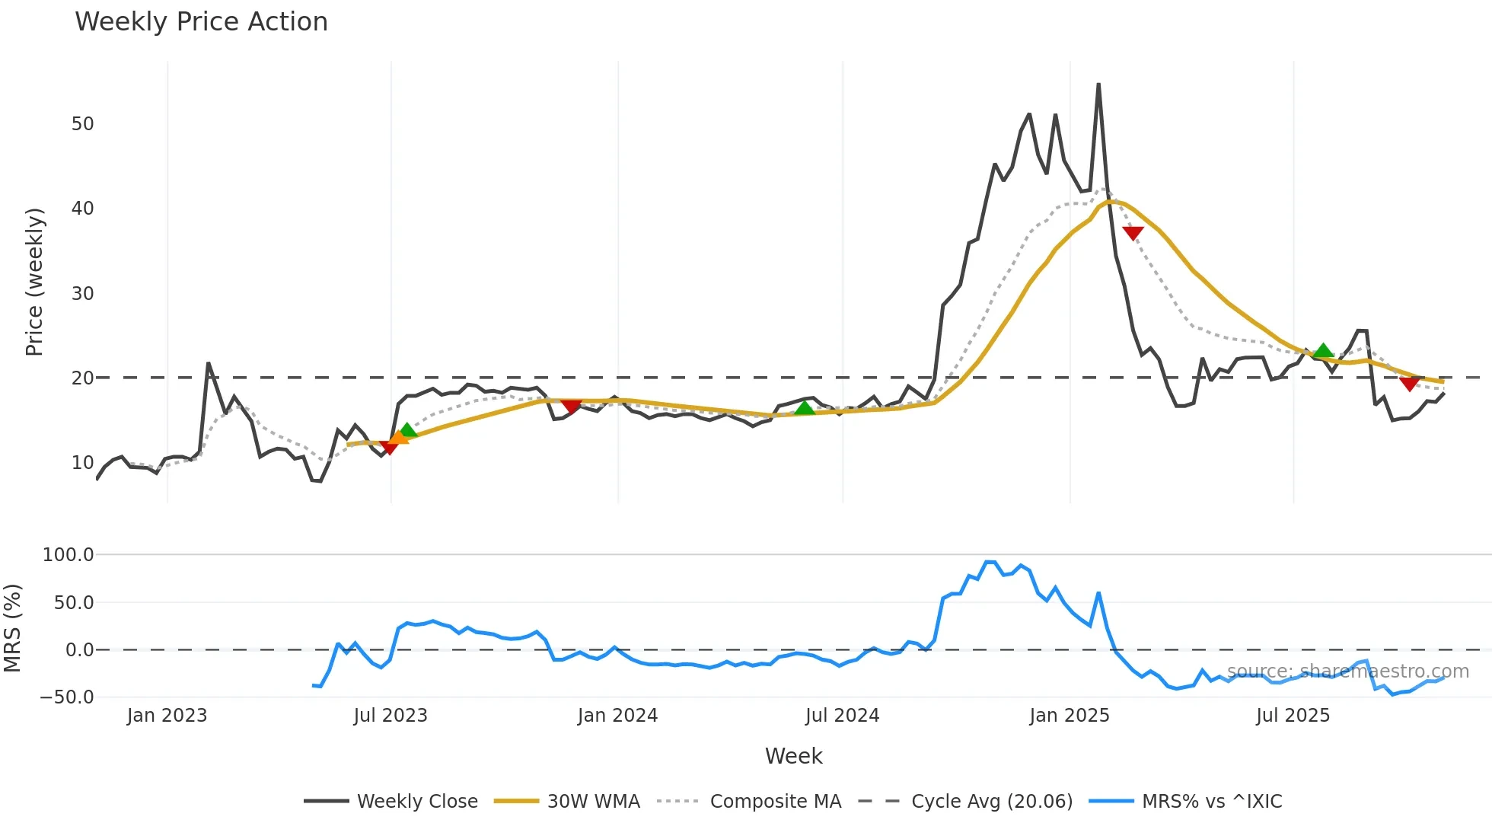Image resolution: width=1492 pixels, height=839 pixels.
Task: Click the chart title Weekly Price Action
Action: point(201,22)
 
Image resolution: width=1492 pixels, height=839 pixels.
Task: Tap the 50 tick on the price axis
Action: point(82,124)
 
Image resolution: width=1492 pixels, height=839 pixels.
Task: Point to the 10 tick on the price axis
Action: point(82,463)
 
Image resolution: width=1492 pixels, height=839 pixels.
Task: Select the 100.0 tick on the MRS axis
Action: point(68,555)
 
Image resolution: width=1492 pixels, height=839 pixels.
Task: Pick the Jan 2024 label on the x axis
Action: point(617,716)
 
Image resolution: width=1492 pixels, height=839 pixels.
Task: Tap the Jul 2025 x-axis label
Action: point(1293,716)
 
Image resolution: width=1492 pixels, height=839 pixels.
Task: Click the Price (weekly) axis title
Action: point(35,282)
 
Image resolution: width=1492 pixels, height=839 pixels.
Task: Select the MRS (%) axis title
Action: point(13,628)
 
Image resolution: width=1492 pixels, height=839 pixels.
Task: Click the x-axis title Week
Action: point(793,756)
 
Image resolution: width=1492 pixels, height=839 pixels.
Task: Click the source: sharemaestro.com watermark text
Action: point(1347,672)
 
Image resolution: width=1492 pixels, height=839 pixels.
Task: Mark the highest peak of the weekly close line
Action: point(1098,85)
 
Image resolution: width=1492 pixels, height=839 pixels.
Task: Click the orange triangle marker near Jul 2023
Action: point(399,437)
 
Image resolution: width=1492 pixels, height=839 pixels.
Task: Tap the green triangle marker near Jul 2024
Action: point(805,409)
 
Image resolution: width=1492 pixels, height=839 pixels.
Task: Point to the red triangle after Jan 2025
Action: point(1133,233)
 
